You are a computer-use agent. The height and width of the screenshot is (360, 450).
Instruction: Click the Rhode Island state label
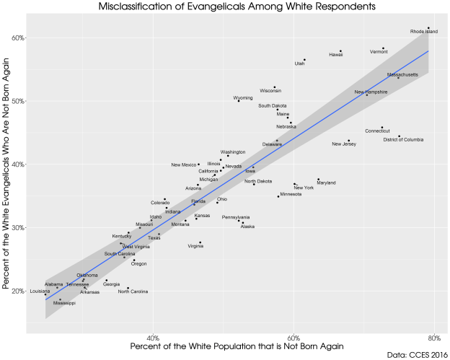tap(424, 32)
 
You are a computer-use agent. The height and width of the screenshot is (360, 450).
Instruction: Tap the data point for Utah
tap(305, 59)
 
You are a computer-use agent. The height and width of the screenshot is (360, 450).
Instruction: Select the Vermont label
tap(379, 52)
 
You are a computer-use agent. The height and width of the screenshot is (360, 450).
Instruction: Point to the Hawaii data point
tap(340, 51)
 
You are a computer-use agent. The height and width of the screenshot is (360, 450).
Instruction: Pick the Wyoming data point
tap(239, 101)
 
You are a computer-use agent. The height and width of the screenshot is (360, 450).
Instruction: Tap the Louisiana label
tap(40, 291)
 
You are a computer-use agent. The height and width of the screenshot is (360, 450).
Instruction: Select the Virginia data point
tap(200, 242)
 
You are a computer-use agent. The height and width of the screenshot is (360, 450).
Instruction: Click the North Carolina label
tap(133, 291)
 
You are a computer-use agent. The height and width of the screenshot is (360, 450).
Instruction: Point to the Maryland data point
tap(318, 180)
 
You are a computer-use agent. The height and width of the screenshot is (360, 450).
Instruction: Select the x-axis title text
tap(237, 348)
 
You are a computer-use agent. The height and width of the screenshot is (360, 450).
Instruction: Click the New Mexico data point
tap(199, 164)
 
